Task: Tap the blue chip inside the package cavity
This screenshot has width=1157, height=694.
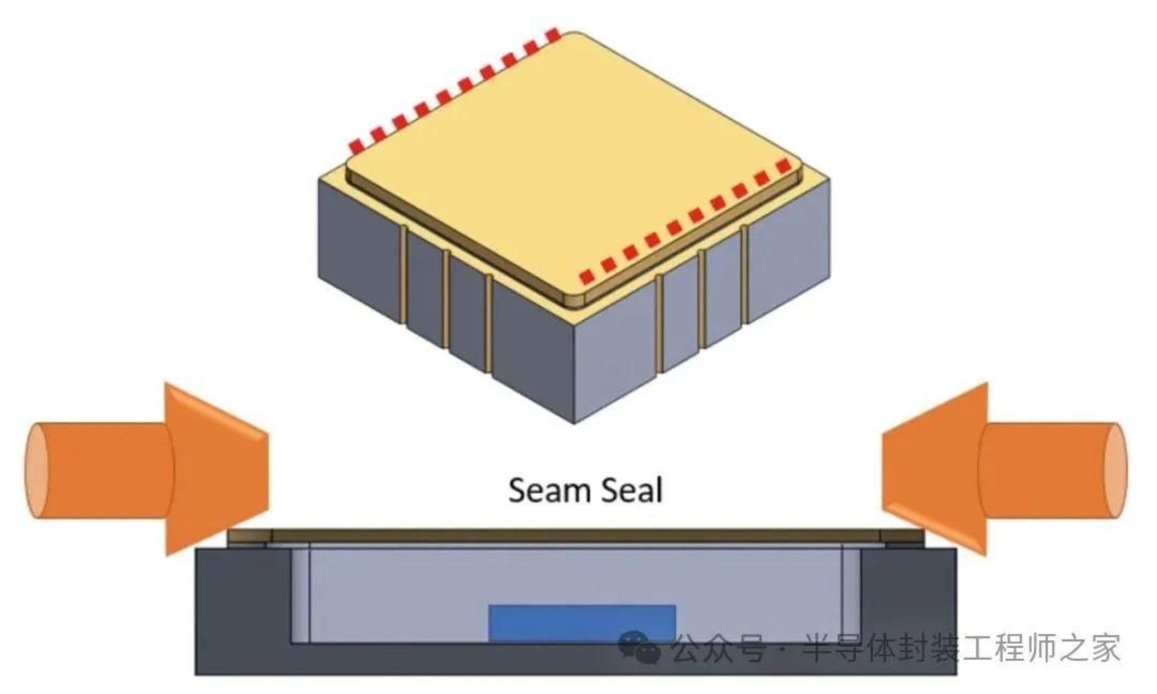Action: click(x=582, y=623)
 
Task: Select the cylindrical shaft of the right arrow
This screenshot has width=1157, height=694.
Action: click(x=1052, y=470)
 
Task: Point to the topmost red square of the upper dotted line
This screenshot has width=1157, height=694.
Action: click(x=554, y=35)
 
